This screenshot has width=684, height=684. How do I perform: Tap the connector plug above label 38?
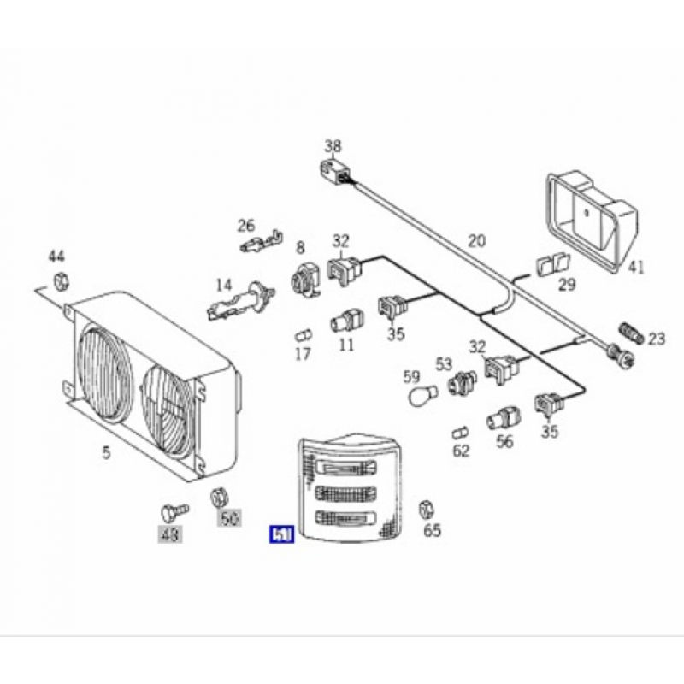pos(333,173)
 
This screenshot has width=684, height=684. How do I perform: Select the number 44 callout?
pos(56,256)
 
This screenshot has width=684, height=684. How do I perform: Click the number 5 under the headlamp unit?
pos(106,452)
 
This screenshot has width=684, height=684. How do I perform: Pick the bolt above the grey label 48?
pos(169,513)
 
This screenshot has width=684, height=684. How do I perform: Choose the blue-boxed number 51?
pos(282,535)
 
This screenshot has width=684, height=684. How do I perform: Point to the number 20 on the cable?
pos(476,241)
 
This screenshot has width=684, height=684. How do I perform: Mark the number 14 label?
pos(223,285)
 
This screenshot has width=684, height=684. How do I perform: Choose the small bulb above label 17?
pos(303,333)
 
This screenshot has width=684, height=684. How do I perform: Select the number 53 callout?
pos(443,364)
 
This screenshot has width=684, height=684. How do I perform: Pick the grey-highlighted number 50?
pos(228,517)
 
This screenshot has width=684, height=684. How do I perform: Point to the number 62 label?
pos(461,450)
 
